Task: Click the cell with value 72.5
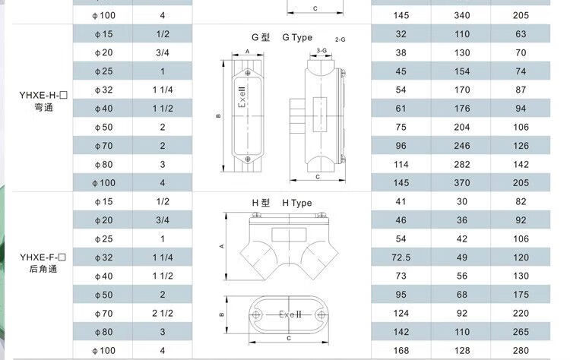(x=401, y=257)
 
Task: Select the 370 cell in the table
(x=461, y=183)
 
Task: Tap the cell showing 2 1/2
(x=163, y=313)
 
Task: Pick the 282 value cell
(x=461, y=164)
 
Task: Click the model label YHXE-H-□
(x=43, y=95)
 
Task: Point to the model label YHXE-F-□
(x=43, y=257)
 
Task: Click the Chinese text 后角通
(x=43, y=269)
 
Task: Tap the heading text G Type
(x=297, y=37)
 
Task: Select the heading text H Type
(x=297, y=203)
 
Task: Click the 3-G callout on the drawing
(x=321, y=50)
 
